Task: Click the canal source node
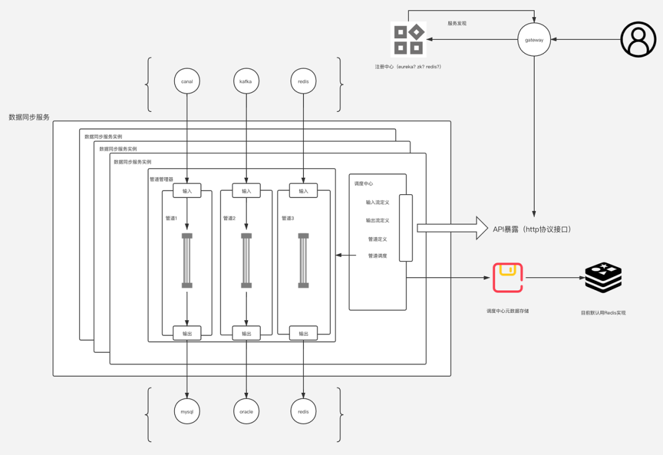(187, 81)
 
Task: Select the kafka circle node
(246, 81)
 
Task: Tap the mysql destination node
(187, 411)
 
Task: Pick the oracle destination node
(246, 411)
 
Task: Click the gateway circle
(533, 40)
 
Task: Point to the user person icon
(638, 39)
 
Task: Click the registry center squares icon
(408, 39)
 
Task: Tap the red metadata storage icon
(508, 278)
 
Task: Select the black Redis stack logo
(603, 278)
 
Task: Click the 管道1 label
(171, 218)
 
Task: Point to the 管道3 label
(288, 218)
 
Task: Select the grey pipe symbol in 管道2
(246, 261)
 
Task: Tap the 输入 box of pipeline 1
(187, 191)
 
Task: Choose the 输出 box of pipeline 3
(303, 334)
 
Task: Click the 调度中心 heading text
(363, 184)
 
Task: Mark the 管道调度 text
(378, 256)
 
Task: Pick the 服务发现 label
(457, 23)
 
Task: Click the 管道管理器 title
(161, 180)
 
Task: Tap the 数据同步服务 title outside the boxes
(29, 117)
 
